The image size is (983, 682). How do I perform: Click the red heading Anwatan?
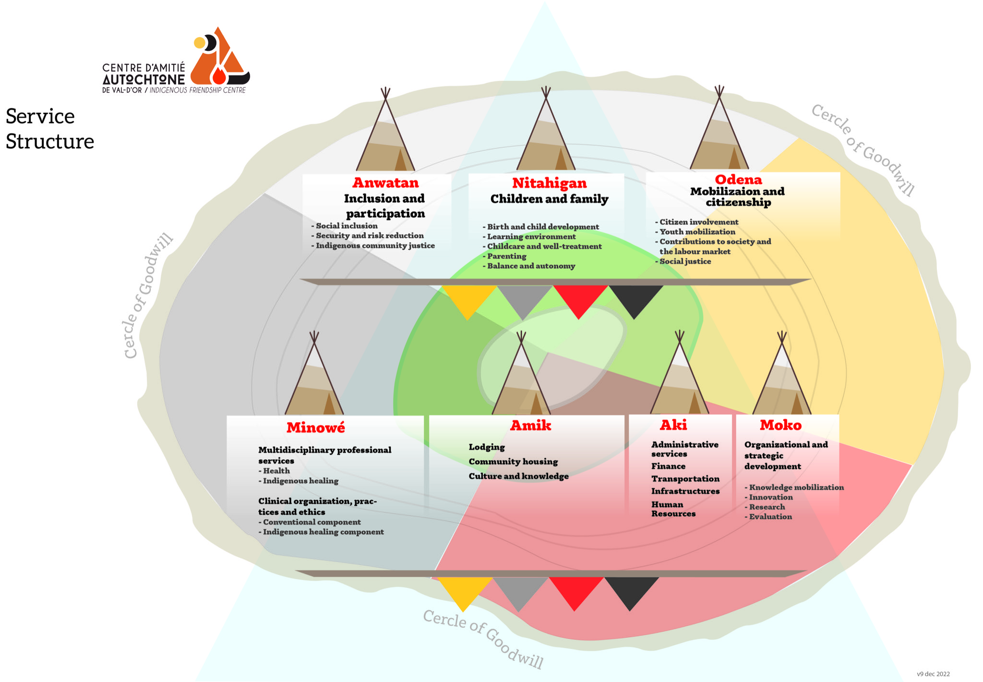385,183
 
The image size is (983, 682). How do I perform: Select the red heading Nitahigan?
549,183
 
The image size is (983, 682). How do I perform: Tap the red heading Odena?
738,180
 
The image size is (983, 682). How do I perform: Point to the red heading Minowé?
315,427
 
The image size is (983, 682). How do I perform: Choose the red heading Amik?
530,426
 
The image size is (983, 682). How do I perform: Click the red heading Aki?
673,425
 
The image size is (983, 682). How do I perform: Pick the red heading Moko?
780,425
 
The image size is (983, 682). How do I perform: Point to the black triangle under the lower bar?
631,590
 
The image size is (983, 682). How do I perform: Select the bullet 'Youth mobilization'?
697,232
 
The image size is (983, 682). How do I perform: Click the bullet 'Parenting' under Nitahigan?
506,256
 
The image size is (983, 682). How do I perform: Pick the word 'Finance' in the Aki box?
668,466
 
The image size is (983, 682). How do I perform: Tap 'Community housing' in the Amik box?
513,462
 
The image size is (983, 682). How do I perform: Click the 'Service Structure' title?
49,129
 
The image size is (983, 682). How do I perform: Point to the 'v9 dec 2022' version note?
933,674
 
